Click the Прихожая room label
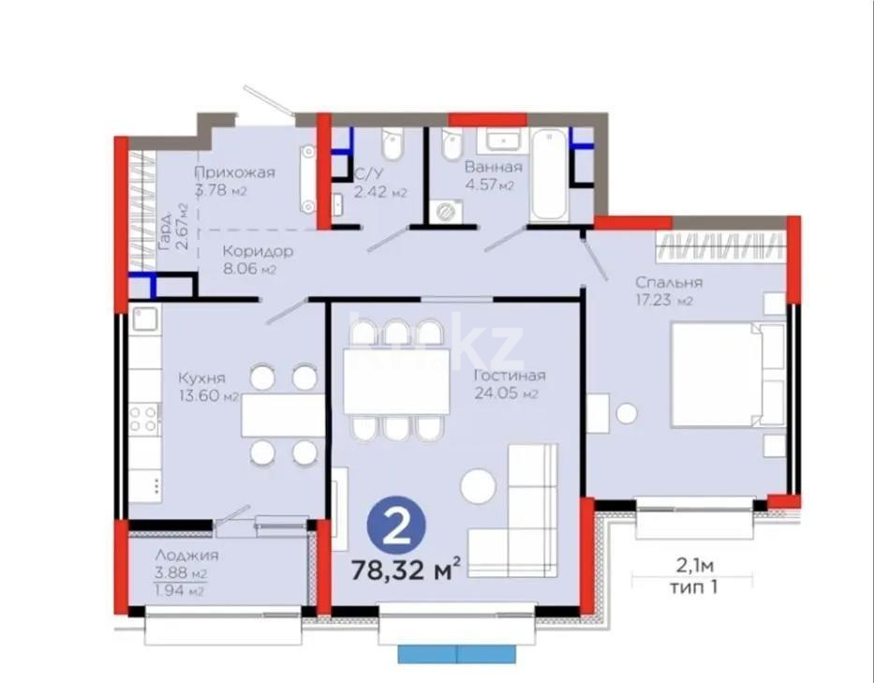(234, 171)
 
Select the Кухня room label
(201, 378)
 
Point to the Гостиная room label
(509, 376)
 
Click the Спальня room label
(668, 282)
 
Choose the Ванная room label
(493, 168)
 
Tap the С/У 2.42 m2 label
(380, 183)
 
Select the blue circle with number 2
(396, 527)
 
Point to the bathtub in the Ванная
(548, 174)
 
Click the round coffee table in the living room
(478, 488)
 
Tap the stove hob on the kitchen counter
(144, 418)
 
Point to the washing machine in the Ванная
(443, 212)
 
